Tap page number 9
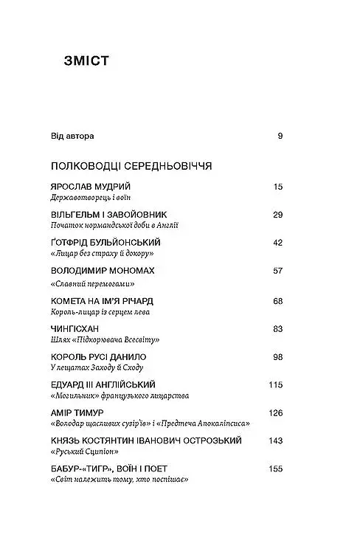coord(280,136)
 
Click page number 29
coord(277,215)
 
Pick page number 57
coord(277,271)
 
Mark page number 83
coord(277,329)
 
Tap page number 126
coord(275,412)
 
